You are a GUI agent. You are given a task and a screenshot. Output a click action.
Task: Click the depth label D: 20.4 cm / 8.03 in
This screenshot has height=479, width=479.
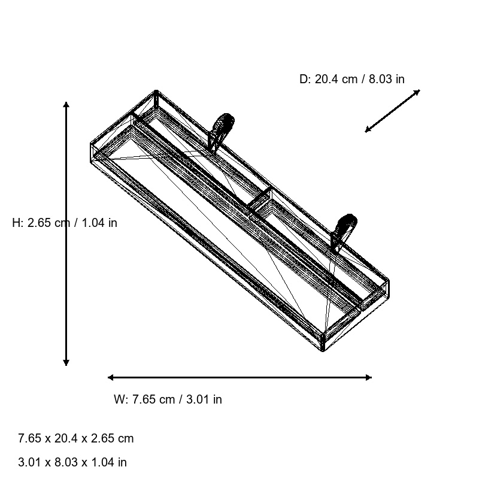351,79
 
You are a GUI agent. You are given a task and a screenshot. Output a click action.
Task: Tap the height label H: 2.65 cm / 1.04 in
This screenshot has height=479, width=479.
65,223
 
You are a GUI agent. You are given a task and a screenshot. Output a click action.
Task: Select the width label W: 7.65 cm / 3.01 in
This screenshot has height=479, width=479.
168,399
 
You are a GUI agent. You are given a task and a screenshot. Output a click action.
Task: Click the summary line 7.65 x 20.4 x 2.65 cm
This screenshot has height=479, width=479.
76,438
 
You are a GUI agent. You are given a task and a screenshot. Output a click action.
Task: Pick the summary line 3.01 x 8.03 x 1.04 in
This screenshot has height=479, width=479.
72,462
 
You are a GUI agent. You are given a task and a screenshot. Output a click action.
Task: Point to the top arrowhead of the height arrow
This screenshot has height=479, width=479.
66,105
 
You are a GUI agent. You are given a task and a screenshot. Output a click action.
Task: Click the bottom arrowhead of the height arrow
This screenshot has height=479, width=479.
66,362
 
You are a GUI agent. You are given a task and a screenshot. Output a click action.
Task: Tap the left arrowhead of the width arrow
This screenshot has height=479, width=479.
111,377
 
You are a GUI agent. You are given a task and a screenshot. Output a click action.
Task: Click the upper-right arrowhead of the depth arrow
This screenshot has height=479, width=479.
417,92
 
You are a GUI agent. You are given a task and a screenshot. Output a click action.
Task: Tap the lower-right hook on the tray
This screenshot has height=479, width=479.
345,231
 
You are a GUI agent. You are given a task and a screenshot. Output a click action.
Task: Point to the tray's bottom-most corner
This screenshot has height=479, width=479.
323,350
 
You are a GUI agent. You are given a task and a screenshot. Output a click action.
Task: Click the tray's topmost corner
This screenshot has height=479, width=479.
156,92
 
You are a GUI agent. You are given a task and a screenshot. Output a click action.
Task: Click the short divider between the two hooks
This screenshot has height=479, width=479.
261,199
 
